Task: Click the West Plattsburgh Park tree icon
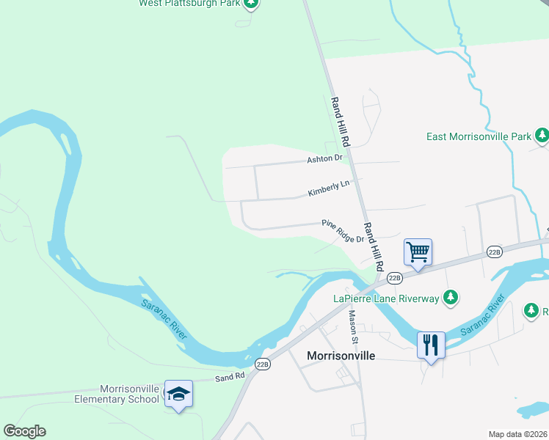tap(251, 3)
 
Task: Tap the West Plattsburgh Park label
tap(189, 3)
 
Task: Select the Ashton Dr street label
tap(324, 158)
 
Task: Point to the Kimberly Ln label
tap(329, 188)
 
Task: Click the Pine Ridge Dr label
tap(342, 231)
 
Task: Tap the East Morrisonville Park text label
tap(479, 136)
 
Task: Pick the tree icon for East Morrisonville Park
tap(542, 136)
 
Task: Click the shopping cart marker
tap(418, 253)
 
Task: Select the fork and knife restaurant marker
tap(431, 344)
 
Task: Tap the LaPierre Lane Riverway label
tap(386, 298)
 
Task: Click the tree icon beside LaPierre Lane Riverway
tap(452, 298)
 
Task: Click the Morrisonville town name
tap(341, 356)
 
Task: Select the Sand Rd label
tap(229, 377)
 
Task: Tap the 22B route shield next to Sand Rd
tap(263, 364)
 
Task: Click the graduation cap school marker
tap(178, 394)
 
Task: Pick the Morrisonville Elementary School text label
tap(117, 394)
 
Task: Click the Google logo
tap(24, 431)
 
